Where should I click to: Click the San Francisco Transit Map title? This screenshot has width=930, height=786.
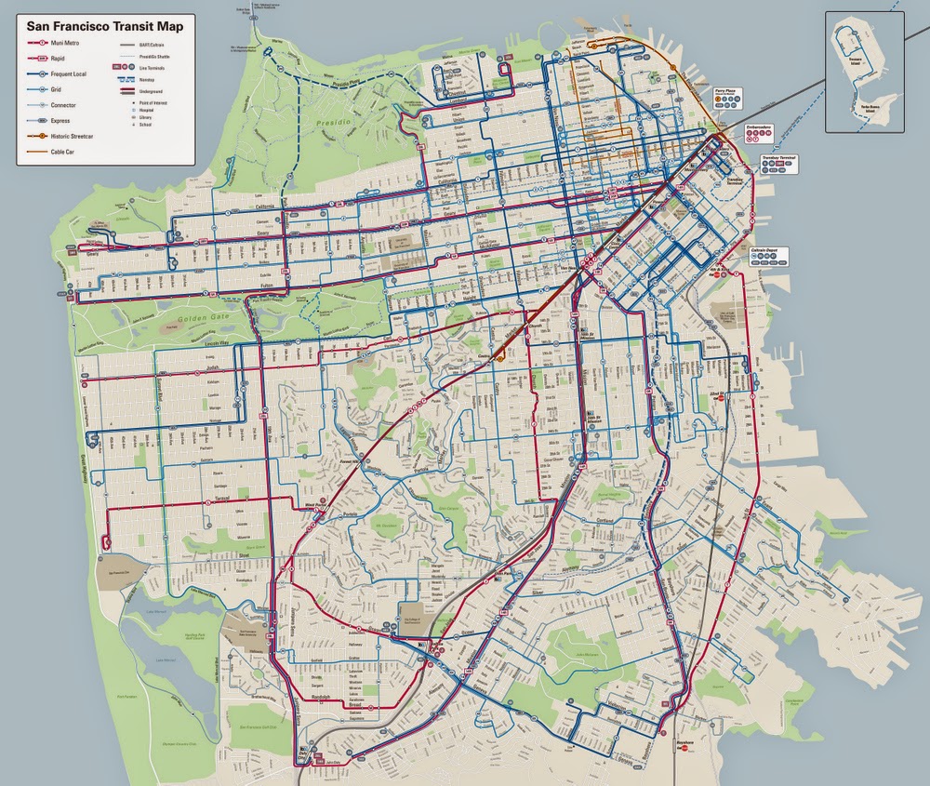point(103,27)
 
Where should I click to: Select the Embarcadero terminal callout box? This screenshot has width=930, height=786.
point(759,129)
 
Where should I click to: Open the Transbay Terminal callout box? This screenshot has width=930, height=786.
point(780,163)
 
